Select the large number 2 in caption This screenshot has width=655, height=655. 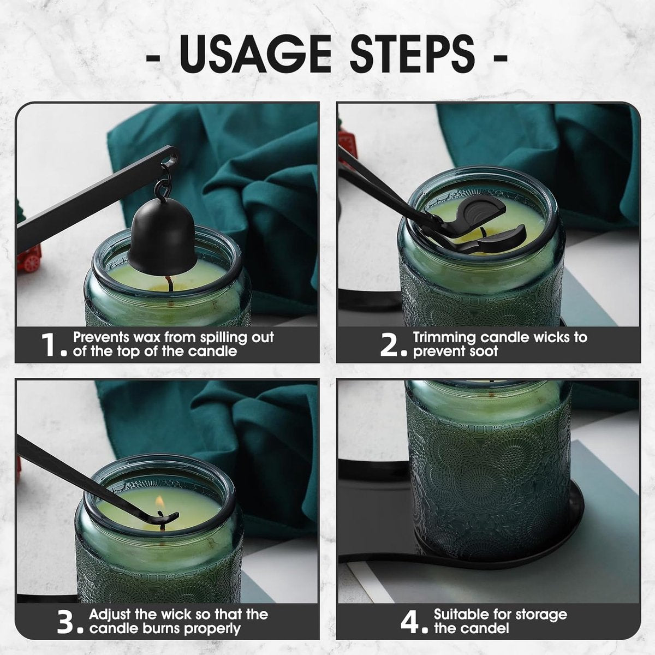[392, 345]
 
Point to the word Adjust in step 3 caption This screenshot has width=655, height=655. [112, 614]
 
